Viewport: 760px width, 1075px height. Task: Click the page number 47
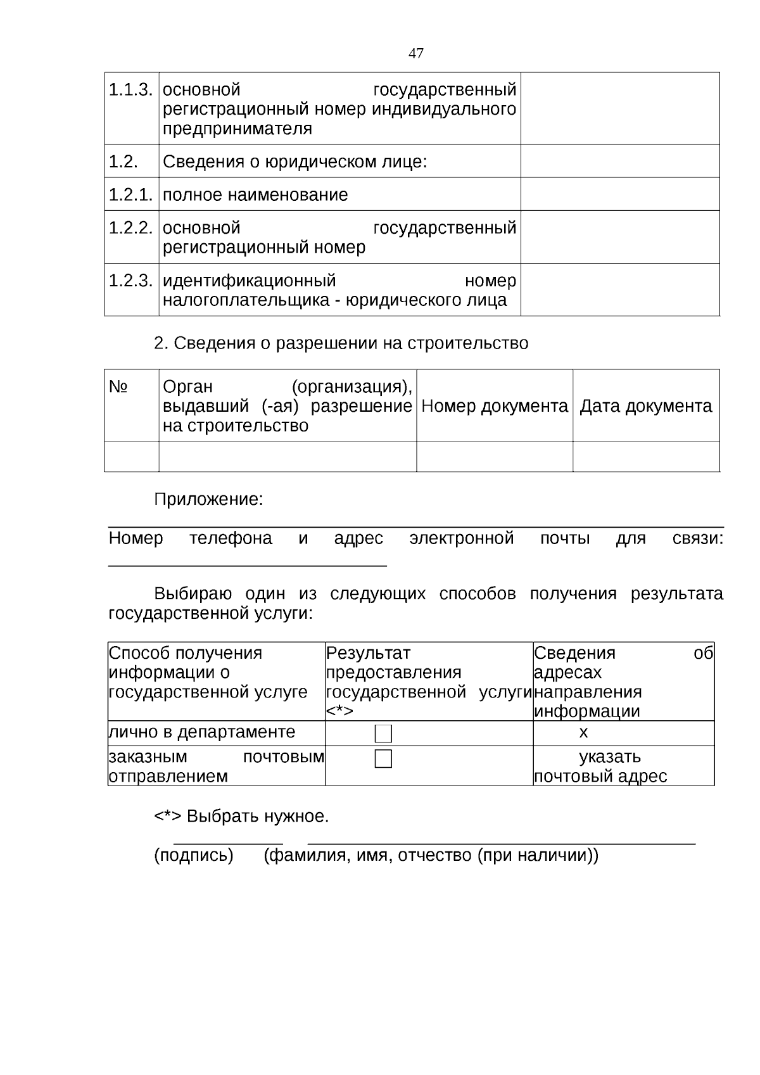(x=415, y=53)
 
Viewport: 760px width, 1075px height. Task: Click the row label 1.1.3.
(x=130, y=90)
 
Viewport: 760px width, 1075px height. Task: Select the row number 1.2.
(x=123, y=162)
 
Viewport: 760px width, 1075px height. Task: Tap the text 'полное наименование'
(x=255, y=194)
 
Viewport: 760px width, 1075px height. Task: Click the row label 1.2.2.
(x=130, y=228)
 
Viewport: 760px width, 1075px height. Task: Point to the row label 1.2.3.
(x=130, y=281)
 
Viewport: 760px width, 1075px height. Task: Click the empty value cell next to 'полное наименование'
(x=619, y=194)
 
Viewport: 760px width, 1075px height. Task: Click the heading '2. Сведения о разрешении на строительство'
(x=341, y=343)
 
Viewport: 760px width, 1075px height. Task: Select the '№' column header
(x=118, y=386)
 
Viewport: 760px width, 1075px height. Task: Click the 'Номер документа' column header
(x=494, y=406)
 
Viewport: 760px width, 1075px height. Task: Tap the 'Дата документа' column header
(x=645, y=406)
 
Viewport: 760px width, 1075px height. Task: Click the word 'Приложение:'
(x=208, y=499)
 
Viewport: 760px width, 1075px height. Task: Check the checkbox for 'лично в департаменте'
(x=383, y=734)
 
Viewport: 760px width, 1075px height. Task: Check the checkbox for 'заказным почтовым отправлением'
(x=383, y=758)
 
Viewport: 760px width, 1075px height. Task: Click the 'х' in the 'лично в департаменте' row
(x=583, y=733)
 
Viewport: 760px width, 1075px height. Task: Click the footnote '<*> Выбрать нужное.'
(x=241, y=816)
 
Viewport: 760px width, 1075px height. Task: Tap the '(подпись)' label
(x=194, y=856)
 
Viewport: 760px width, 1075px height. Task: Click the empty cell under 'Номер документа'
(x=494, y=456)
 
